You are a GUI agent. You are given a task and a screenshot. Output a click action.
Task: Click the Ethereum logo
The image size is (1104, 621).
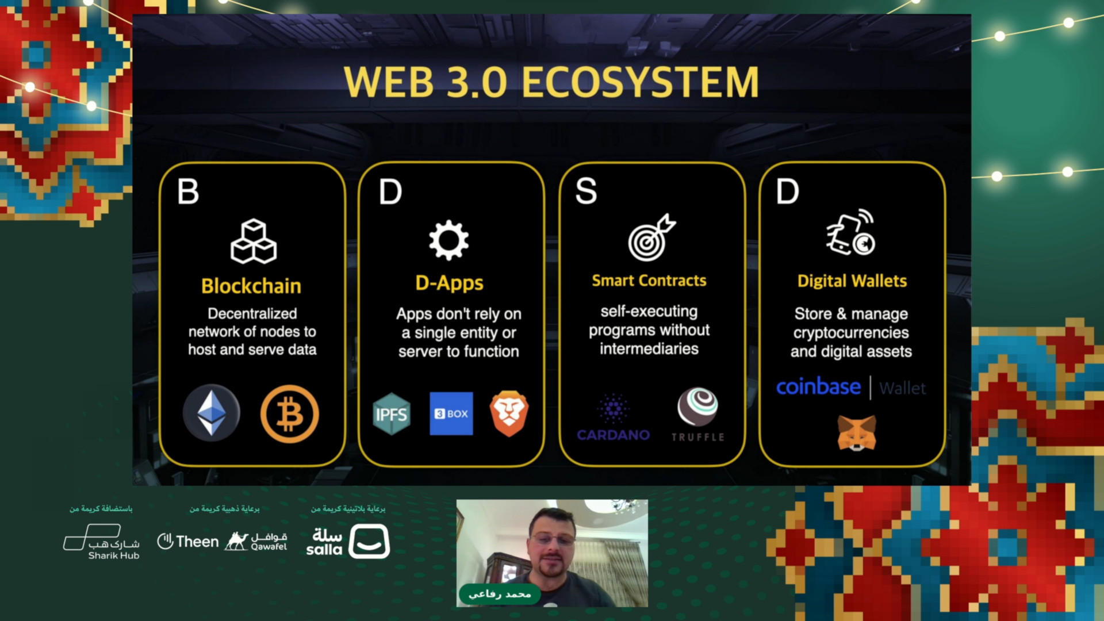(212, 413)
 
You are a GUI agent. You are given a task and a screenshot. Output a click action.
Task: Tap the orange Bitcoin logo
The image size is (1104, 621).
(289, 414)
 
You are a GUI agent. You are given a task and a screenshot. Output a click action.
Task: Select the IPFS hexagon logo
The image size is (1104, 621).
(392, 414)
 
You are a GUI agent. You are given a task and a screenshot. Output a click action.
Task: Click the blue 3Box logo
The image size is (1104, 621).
(451, 413)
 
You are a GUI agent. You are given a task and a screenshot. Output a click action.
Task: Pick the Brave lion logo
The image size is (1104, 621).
(509, 413)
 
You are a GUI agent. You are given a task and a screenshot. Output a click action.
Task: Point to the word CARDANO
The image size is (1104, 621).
(614, 435)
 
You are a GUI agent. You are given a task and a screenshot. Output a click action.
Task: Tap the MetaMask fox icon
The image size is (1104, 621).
(856, 432)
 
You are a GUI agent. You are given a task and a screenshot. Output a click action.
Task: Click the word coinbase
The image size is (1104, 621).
(818, 387)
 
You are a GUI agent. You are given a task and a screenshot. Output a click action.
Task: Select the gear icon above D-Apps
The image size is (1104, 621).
(448, 240)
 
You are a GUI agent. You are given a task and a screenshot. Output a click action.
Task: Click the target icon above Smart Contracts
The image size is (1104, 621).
(651, 237)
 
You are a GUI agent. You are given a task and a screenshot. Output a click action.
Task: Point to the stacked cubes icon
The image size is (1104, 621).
(254, 241)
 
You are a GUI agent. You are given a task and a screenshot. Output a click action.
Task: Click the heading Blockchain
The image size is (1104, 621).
(251, 286)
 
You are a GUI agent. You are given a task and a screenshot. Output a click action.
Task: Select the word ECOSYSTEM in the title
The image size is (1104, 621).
(641, 82)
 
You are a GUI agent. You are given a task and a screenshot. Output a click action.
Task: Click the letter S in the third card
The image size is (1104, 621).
(586, 191)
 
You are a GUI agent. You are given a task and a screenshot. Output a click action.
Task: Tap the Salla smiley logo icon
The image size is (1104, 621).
(369, 541)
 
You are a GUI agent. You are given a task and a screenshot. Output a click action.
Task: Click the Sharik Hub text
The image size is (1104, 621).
(114, 555)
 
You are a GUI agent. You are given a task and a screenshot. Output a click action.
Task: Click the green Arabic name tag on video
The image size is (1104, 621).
(499, 594)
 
